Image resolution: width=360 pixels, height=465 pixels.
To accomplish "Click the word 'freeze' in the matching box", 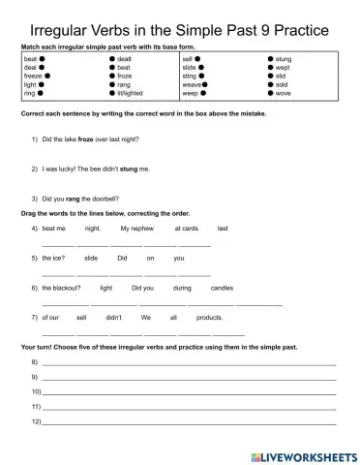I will click(x=31, y=75).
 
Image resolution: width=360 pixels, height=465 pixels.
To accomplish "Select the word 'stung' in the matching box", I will click(x=285, y=59).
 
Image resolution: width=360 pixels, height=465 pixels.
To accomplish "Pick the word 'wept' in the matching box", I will click(x=283, y=67).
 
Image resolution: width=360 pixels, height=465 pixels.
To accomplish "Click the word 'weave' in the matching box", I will click(x=191, y=84).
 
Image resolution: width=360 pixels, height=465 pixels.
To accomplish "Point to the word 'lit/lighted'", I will click(x=129, y=93).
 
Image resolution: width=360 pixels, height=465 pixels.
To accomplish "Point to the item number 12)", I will click(x=36, y=422).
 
